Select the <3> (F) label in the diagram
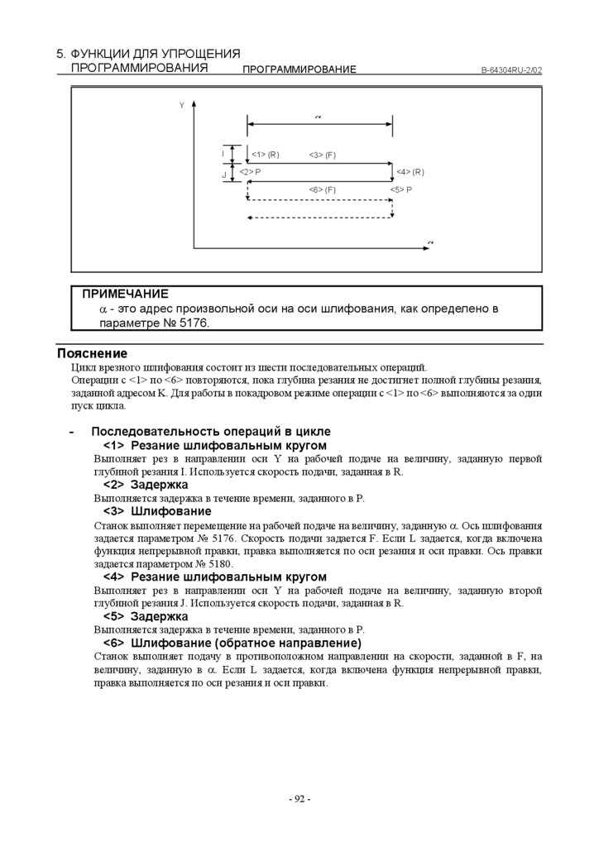coord(322,155)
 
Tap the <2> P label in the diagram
coord(250,171)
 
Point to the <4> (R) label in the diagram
coord(410,171)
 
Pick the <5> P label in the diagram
coord(401,189)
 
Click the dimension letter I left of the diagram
coord(223,154)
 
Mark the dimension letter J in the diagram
coord(223,175)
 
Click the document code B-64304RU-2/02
coord(511,70)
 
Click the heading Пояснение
coord(92,353)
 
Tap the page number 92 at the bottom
coord(299,799)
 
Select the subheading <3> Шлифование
coord(156,511)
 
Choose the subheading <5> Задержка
coord(146,616)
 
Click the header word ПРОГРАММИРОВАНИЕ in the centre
coord(299,70)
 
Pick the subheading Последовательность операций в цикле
coord(210,432)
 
